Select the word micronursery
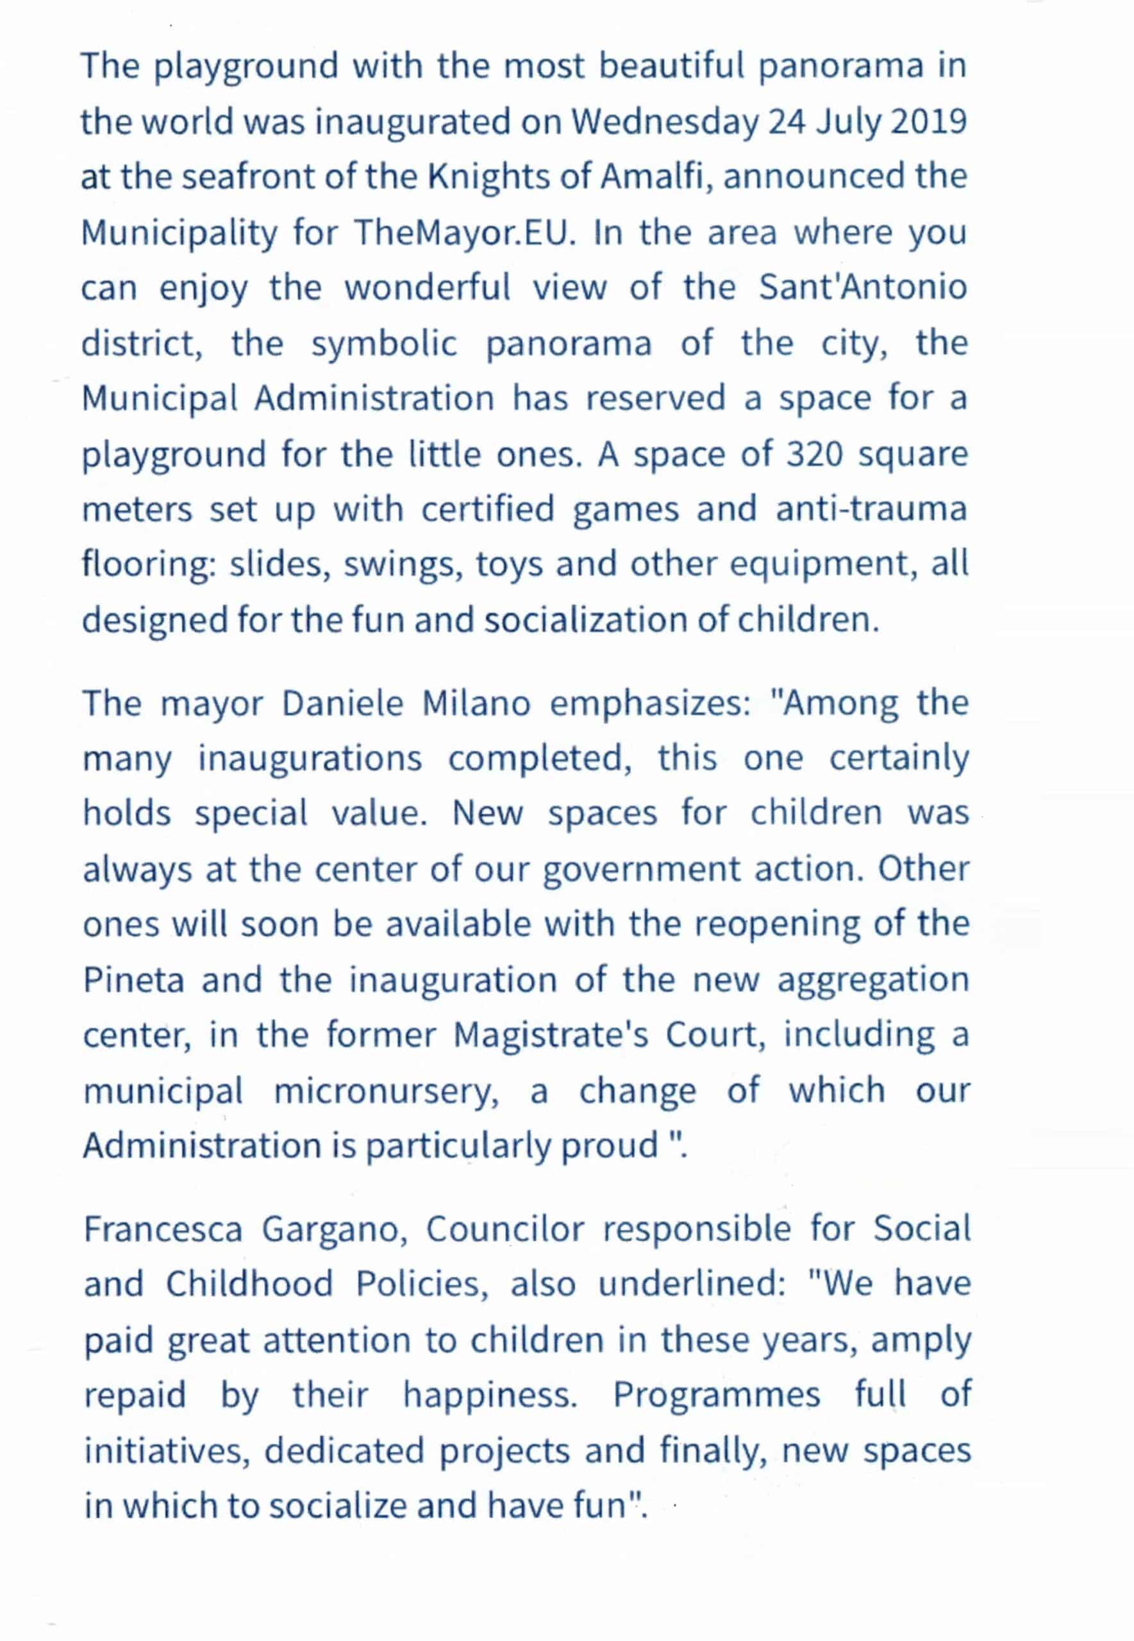[386, 1091]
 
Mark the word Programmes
[716, 1395]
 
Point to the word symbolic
[384, 344]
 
